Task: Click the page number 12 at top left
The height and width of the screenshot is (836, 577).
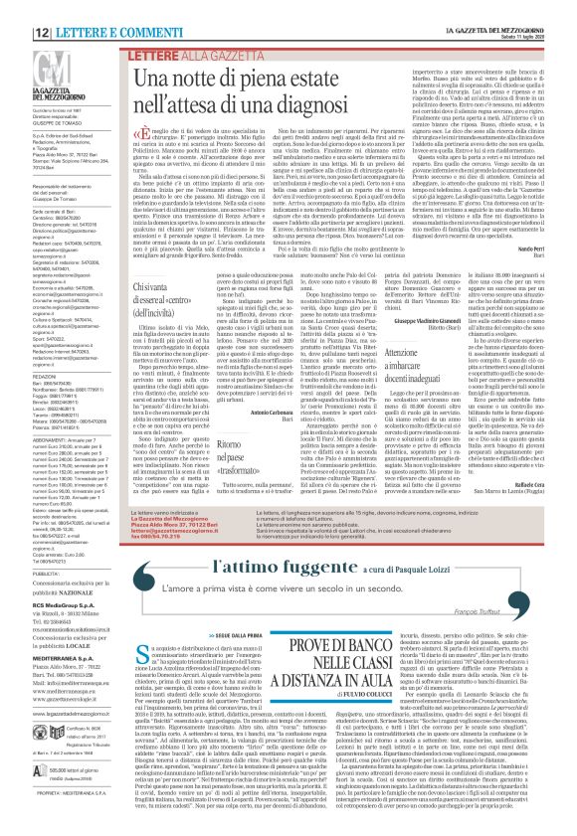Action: tap(17, 8)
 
